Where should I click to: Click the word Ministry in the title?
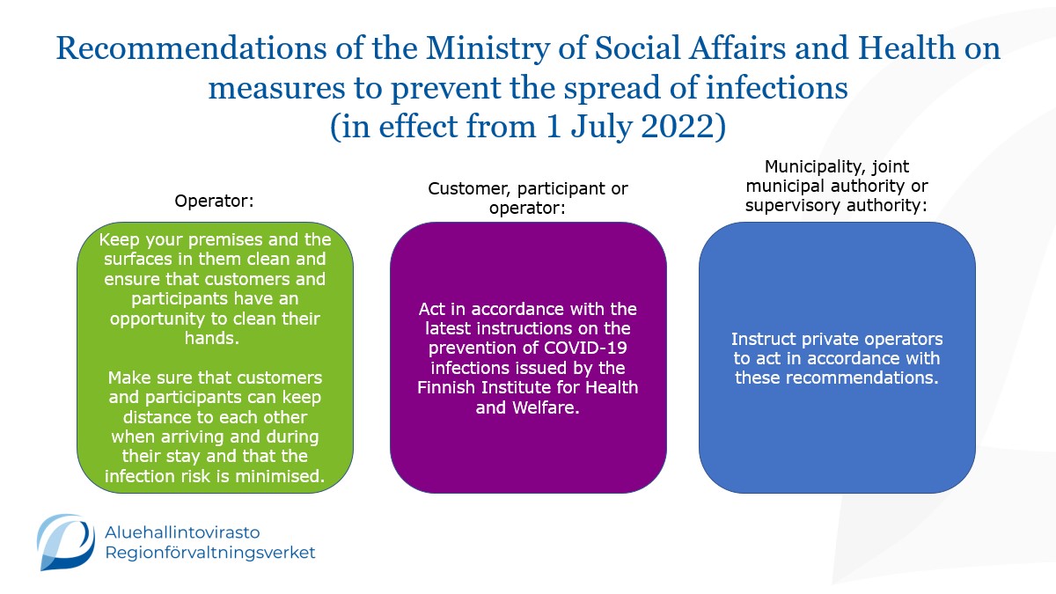click(x=488, y=49)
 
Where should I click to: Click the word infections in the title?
click(x=777, y=88)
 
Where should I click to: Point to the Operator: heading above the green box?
click(x=214, y=201)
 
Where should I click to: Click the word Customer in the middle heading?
click(x=468, y=188)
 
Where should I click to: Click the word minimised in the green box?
click(x=280, y=476)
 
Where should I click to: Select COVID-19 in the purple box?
click(x=585, y=348)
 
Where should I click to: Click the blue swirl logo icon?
click(x=65, y=542)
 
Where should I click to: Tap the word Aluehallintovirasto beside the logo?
click(x=182, y=532)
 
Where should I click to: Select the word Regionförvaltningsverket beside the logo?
click(x=209, y=553)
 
